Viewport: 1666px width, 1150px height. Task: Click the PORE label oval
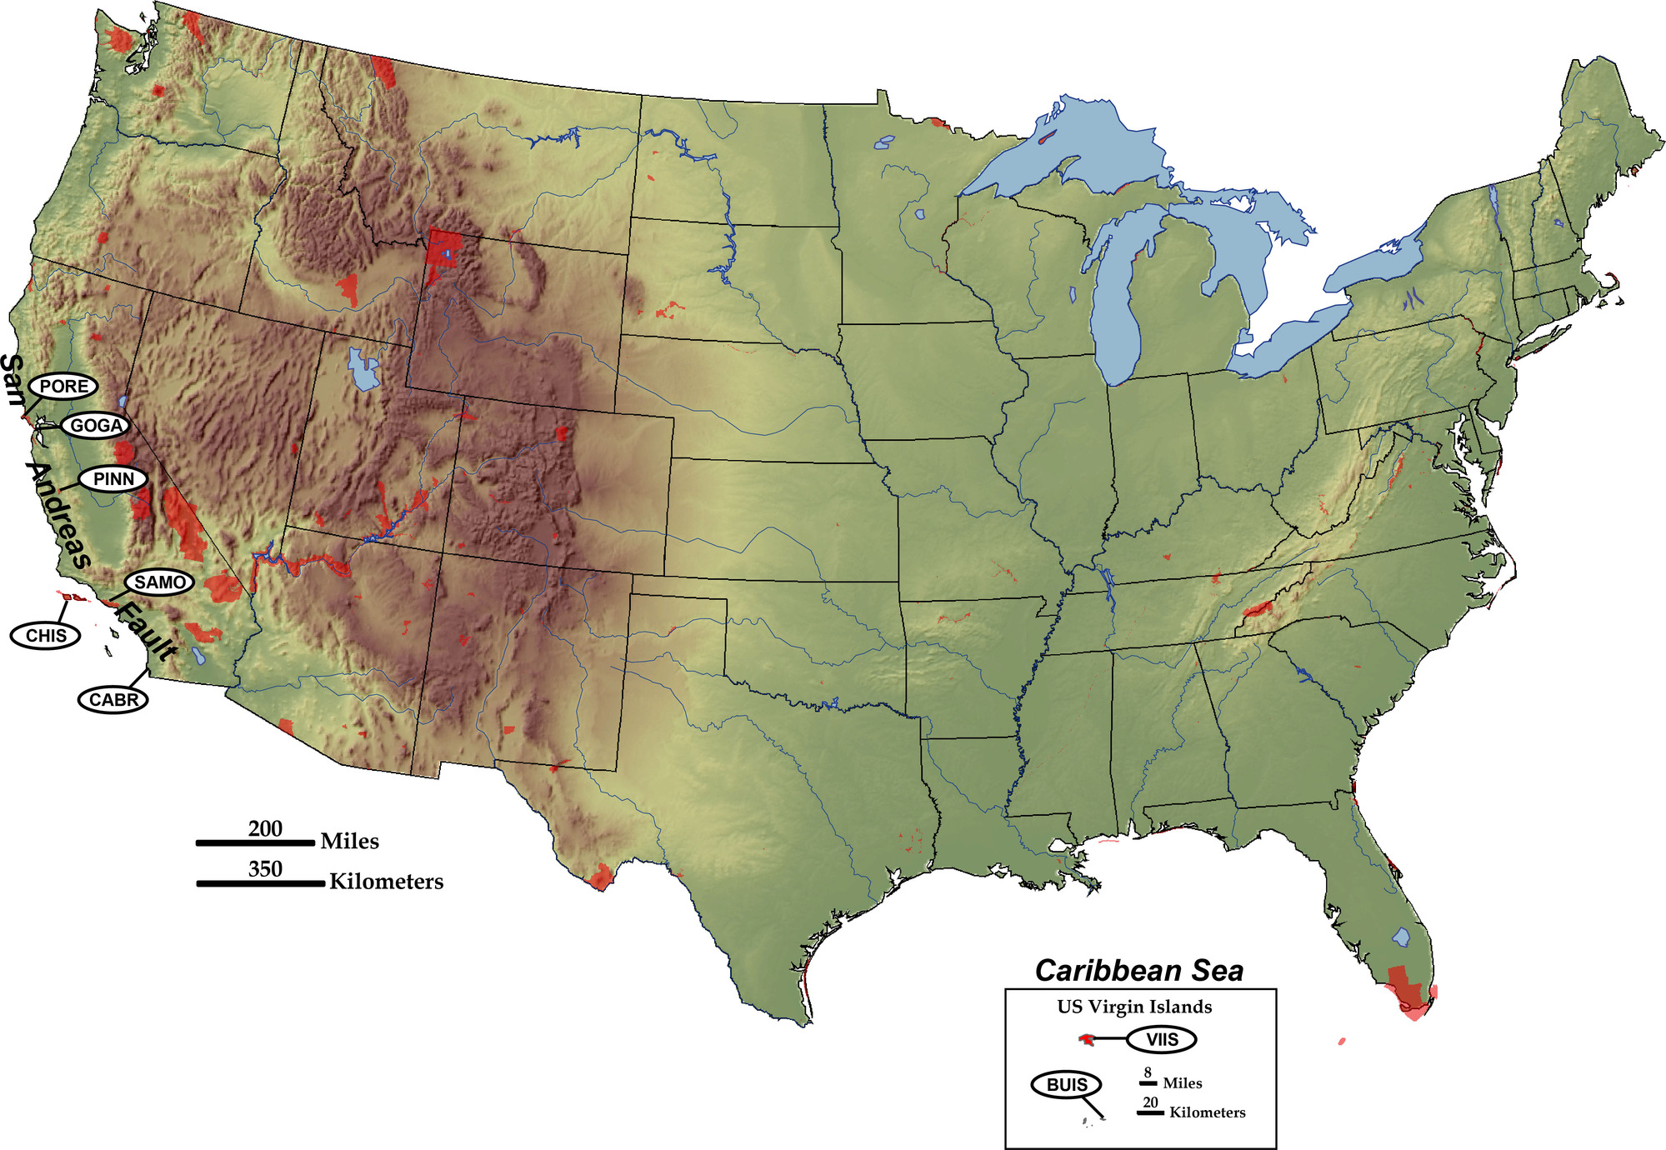click(63, 386)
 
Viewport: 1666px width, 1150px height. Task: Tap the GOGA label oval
click(96, 426)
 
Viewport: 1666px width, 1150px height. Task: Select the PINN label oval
click(113, 479)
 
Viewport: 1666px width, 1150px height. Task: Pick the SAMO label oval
click(159, 582)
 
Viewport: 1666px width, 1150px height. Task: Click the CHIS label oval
click(46, 636)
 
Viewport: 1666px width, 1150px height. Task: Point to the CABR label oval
click(113, 699)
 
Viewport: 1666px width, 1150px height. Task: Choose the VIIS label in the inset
click(1161, 1039)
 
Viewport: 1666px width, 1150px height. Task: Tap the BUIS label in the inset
click(1066, 1084)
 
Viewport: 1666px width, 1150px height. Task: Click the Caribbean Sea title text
click(1138, 971)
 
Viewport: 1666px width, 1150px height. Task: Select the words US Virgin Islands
click(1134, 1007)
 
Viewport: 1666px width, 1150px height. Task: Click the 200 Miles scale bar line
click(255, 843)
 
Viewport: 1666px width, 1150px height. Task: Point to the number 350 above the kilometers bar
click(265, 869)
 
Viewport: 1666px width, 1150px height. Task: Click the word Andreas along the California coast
click(58, 515)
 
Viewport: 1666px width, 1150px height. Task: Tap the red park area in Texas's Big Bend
click(600, 877)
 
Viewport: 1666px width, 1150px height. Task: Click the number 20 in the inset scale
click(1150, 1102)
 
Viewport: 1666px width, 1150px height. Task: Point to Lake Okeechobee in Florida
click(1401, 937)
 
